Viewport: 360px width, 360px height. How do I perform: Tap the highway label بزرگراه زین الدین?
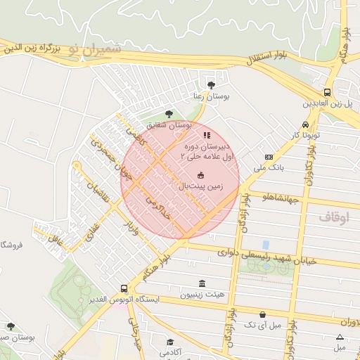29,49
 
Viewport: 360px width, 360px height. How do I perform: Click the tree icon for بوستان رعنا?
211,84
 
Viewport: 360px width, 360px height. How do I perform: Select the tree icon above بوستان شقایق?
168,114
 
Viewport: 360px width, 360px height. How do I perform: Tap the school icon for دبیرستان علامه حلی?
206,134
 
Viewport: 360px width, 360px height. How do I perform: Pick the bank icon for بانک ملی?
269,157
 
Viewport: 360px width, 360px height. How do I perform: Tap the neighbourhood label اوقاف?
333,217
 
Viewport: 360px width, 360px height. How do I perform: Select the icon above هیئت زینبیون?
202,283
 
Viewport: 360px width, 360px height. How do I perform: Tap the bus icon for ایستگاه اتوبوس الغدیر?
124,288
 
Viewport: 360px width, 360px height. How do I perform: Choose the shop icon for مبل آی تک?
262,314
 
